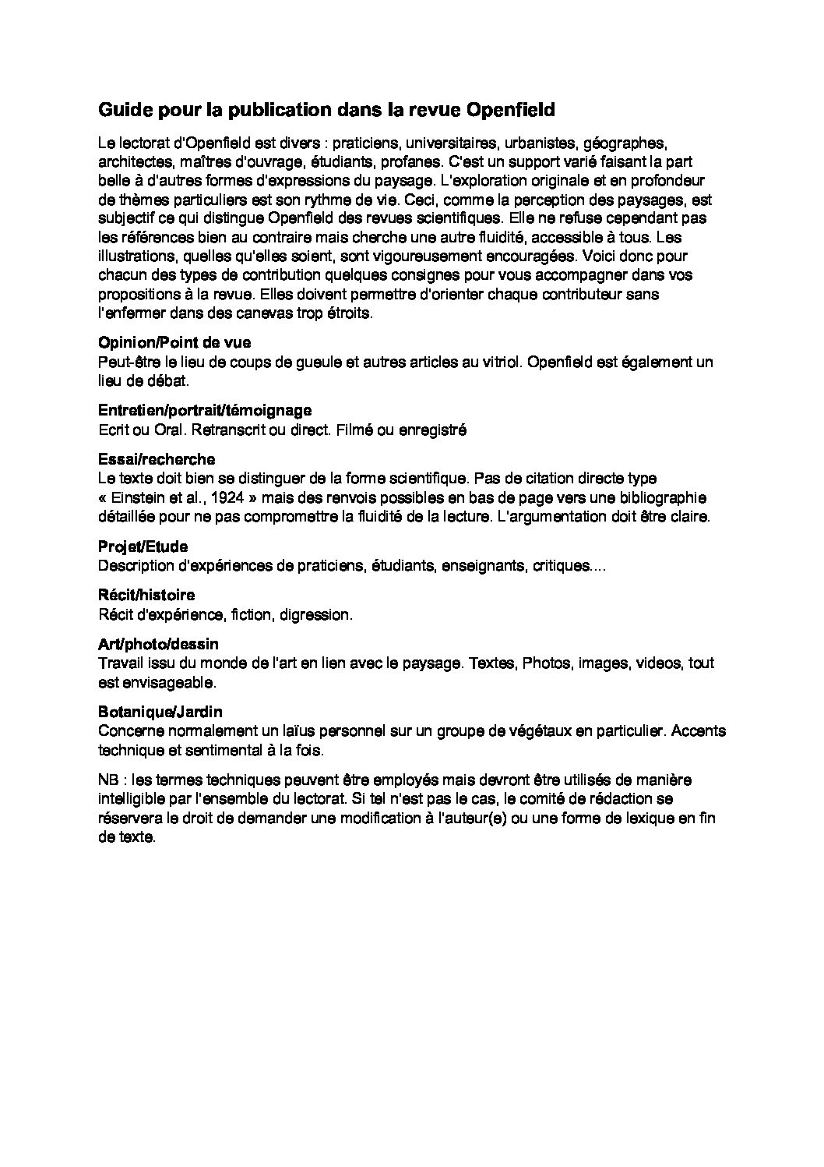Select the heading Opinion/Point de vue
point(174,342)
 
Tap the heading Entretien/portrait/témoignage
point(205,410)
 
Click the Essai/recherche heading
point(157,459)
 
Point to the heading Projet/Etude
point(143,546)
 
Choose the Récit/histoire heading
point(146,596)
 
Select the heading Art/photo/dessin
point(158,644)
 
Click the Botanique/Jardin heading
point(160,712)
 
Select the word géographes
point(625,143)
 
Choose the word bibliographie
point(664,497)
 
